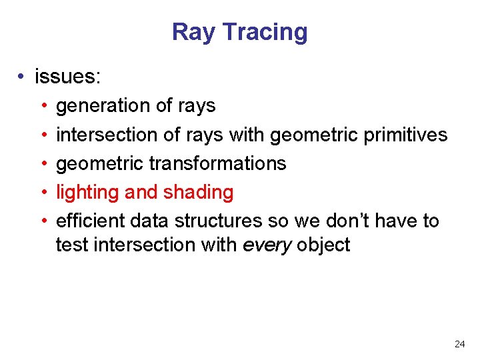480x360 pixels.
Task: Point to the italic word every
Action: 267,245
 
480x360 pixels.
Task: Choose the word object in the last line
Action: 323,245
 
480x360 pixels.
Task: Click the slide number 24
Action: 459,344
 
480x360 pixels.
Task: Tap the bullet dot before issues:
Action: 22,77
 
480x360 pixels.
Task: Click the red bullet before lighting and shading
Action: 43,193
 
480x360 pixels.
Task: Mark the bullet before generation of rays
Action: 43,106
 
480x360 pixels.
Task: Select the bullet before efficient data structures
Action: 43,221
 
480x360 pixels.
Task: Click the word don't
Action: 352,221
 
